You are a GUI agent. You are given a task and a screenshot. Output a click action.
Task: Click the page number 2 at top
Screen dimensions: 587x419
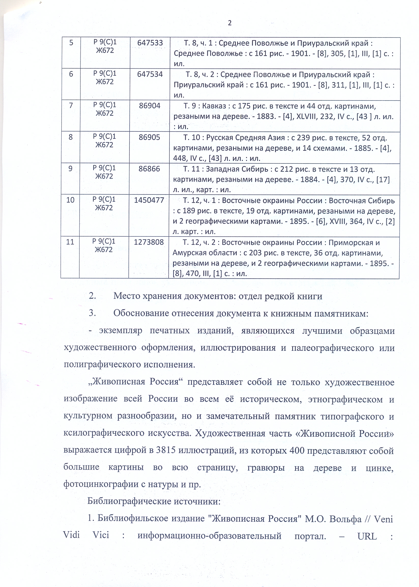pos(230,23)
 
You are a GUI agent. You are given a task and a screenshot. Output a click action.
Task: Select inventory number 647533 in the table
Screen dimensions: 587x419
pos(150,43)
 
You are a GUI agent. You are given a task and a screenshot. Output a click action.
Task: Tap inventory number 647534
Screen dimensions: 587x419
pos(150,74)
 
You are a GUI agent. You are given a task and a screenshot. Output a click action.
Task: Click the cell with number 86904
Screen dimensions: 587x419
pos(150,106)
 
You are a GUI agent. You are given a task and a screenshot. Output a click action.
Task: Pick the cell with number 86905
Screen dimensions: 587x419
pos(149,137)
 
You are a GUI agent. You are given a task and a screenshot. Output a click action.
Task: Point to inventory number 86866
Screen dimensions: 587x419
pos(149,169)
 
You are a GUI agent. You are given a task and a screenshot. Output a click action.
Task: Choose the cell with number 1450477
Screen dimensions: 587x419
pos(149,200)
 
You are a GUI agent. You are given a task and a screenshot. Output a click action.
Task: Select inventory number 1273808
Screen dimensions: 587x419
pos(149,242)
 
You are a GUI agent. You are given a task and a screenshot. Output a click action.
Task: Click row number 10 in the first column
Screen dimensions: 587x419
pos(70,200)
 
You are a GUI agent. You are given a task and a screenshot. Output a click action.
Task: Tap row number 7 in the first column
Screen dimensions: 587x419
pos(71,105)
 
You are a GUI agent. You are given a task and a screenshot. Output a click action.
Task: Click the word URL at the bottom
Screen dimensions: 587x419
pos(367,536)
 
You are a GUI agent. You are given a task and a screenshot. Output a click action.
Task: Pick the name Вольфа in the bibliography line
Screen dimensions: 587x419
pos(345,519)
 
